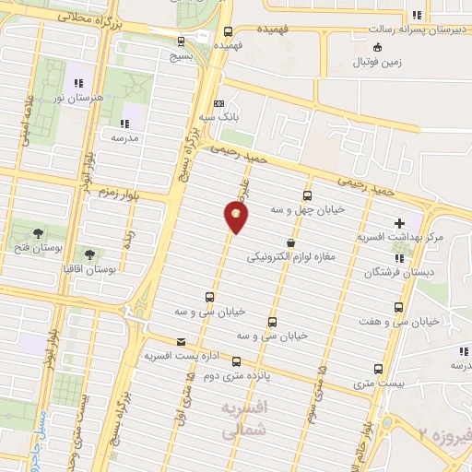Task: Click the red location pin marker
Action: click(235, 217)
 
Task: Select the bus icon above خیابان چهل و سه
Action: click(308, 195)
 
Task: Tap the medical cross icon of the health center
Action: click(399, 222)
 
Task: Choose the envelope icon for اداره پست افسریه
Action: click(180, 341)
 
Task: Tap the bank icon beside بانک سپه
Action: click(218, 104)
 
